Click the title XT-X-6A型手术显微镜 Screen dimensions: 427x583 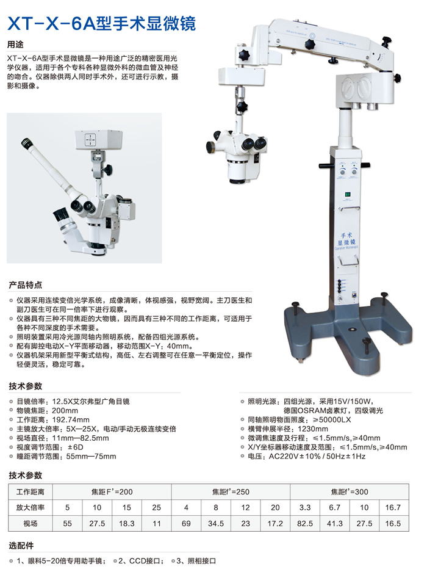pos(101,24)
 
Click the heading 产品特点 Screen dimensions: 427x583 pos(26,285)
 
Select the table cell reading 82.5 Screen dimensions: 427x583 pos(305,524)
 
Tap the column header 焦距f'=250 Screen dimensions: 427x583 pos(231,492)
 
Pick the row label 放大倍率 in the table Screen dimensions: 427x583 pos(30,507)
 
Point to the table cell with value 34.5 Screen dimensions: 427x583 pos(215,524)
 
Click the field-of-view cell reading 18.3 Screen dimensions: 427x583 pos(126,524)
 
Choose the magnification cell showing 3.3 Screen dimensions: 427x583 pos(305,507)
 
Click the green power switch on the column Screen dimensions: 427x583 pos(348,195)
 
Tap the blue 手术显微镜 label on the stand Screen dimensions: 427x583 pos(346,239)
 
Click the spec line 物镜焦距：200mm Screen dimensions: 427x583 pos(47,410)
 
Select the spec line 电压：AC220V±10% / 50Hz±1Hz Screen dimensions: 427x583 pos(307,456)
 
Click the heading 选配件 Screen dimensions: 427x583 pos(21,546)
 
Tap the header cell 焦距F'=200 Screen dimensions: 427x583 pos(112,492)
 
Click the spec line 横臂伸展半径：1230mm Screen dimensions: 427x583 pos(288,429)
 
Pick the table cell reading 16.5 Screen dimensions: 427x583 pos(393,524)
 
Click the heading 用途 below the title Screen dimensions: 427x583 pos(15,45)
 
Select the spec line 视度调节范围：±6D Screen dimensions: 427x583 pos(50,447)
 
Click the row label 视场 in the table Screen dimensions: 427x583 pos(30,524)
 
